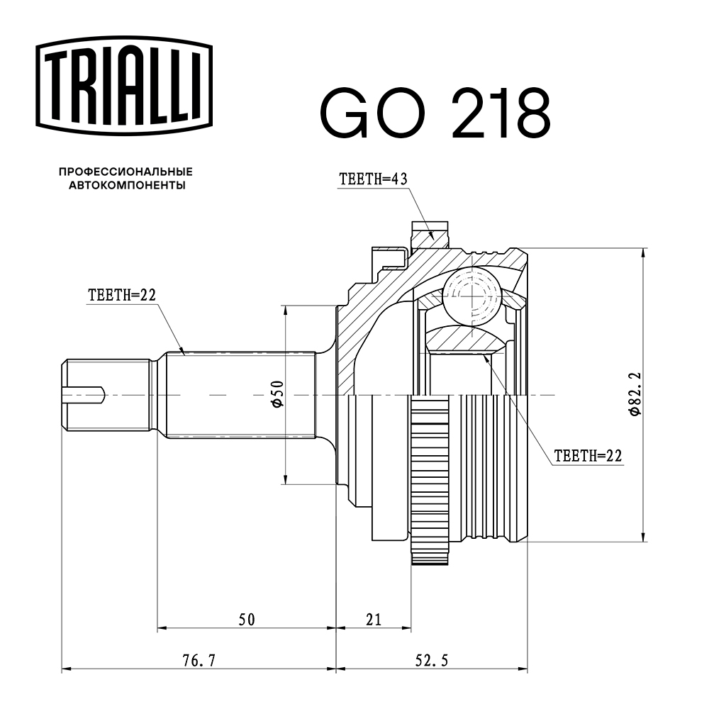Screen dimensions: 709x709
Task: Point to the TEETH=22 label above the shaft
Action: click(121, 296)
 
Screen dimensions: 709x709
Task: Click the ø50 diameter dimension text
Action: click(277, 393)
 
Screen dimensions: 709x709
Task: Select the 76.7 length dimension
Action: click(199, 661)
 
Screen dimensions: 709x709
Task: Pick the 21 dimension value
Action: click(374, 620)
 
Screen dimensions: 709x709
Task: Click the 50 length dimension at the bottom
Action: click(246, 620)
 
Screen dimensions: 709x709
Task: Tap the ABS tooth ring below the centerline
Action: click(430, 482)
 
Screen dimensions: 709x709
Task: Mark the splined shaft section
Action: click(241, 393)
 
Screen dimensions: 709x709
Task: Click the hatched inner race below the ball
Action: click(464, 339)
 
